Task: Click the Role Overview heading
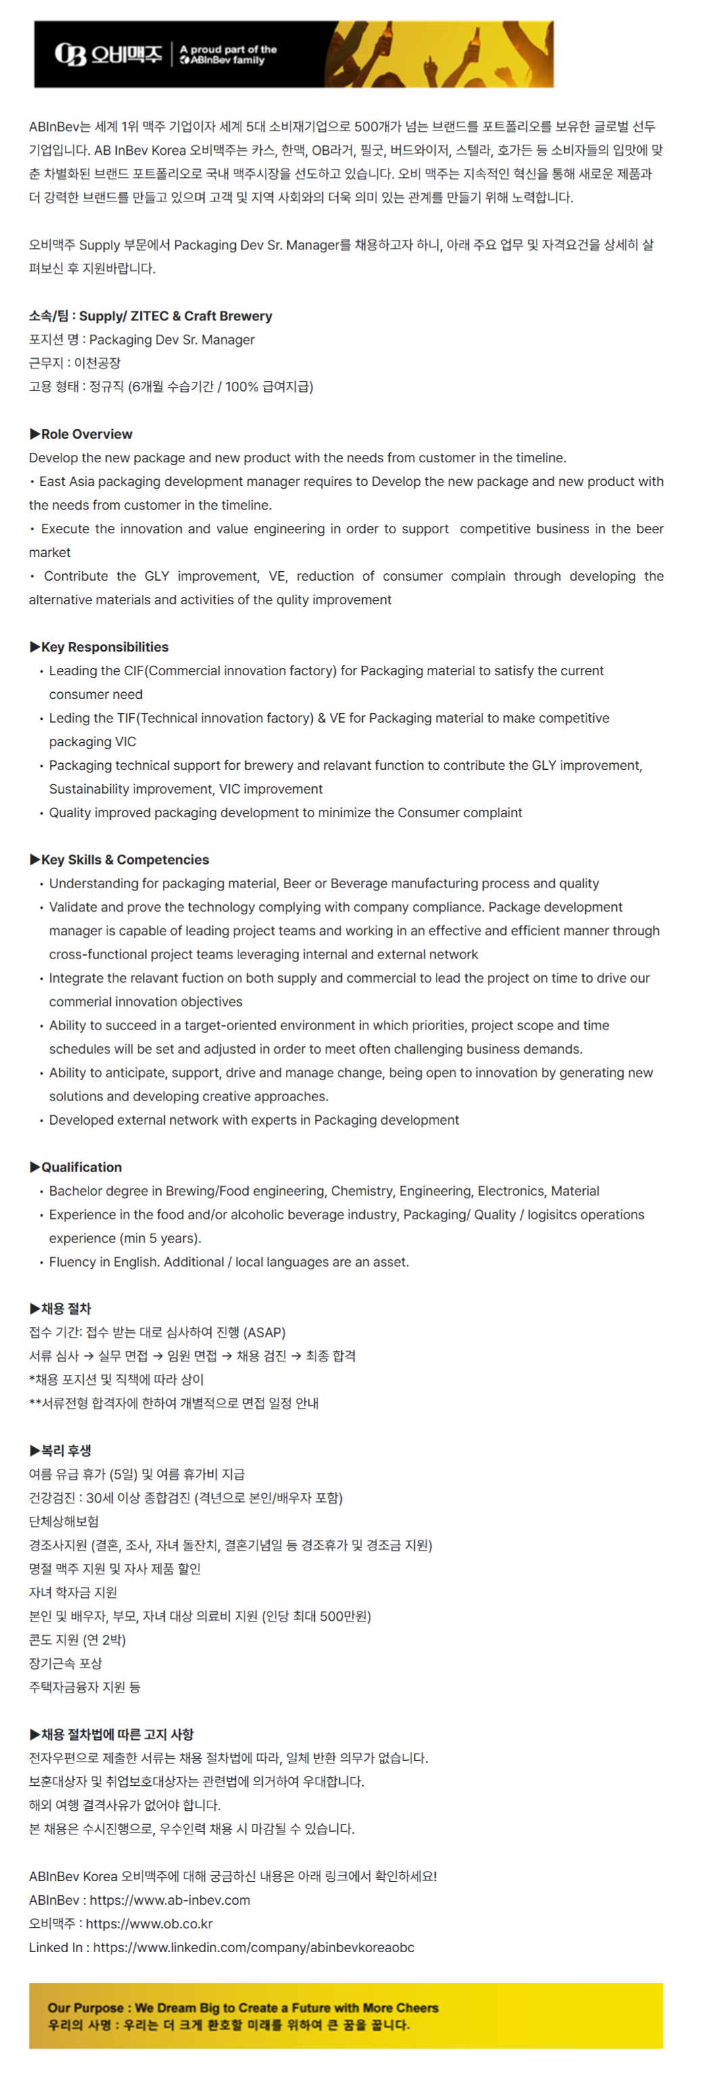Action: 86,434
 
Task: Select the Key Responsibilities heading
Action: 105,646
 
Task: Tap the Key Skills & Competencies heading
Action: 125,859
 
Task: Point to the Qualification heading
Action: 81,1167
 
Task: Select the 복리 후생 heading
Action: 66,1450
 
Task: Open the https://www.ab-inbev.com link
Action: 170,1899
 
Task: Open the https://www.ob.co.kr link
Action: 149,1923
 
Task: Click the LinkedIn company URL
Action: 253,1947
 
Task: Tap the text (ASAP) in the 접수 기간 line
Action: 264,1332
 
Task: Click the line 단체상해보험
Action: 64,1521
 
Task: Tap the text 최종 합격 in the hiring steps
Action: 330,1355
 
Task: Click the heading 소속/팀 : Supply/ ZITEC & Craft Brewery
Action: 150,316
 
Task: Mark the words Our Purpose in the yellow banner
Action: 85,2007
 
